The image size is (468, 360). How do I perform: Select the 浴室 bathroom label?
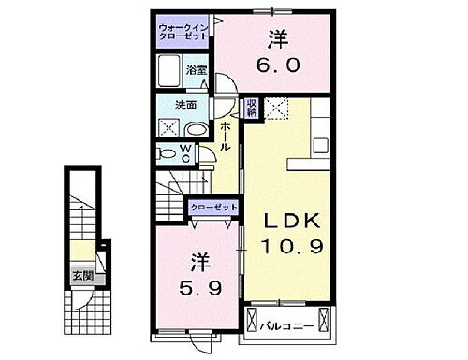click(x=195, y=71)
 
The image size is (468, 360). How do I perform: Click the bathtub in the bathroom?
click(x=169, y=72)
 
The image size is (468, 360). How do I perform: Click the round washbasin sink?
click(x=197, y=130)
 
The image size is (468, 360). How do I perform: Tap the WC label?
click(x=185, y=152)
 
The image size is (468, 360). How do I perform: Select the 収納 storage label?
click(x=252, y=108)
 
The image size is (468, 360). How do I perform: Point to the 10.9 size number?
click(x=291, y=249)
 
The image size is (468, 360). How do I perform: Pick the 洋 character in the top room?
click(x=277, y=40)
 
